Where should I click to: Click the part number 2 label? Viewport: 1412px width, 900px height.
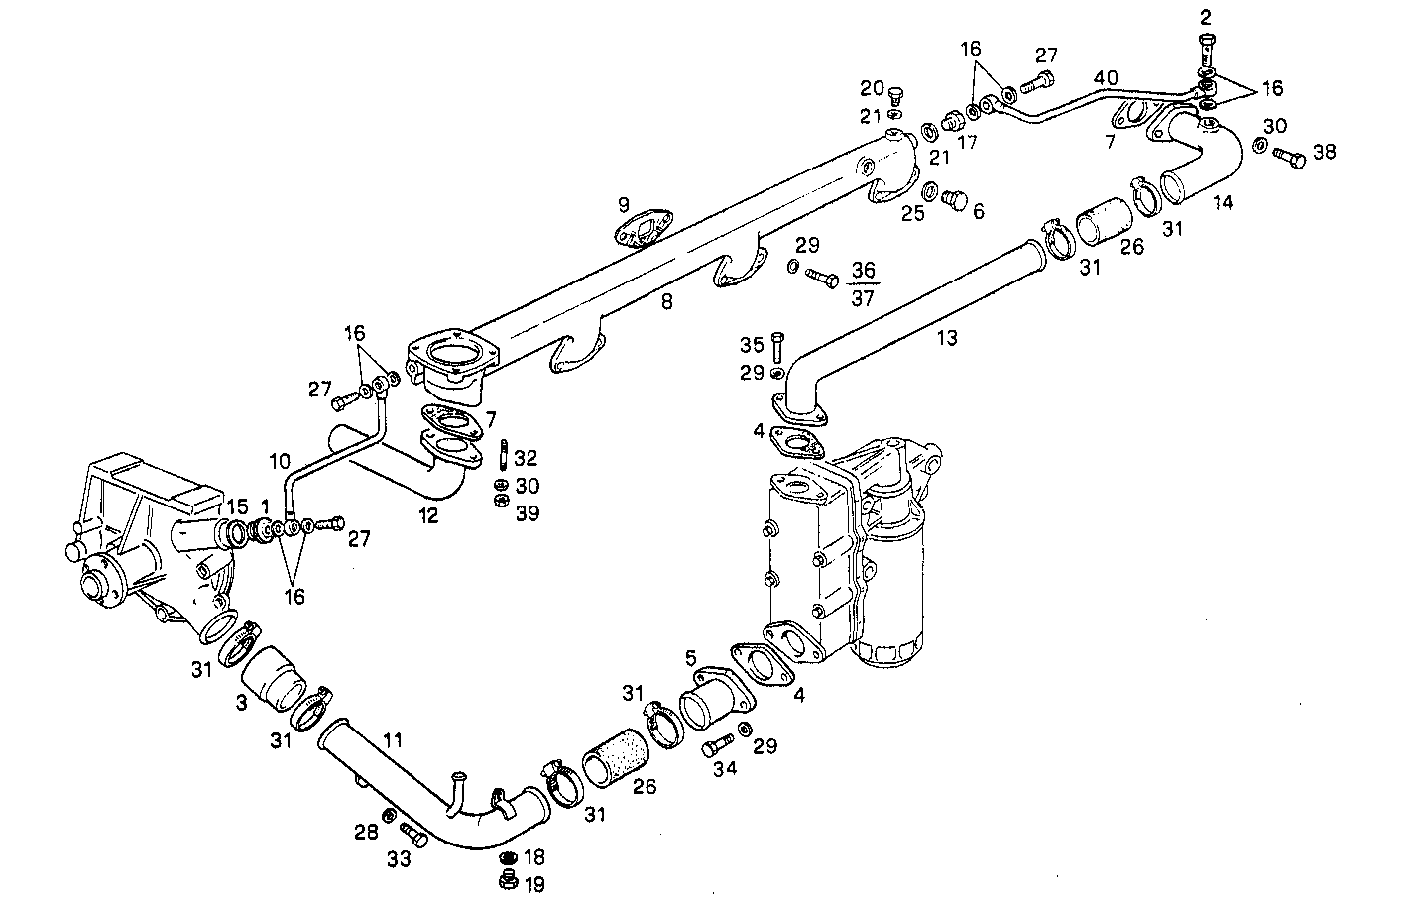[x=1205, y=17]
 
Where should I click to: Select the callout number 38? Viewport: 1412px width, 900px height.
[x=1324, y=152]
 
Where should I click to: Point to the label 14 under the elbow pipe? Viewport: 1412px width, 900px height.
[x=1224, y=202]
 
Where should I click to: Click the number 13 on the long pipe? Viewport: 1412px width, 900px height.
[x=947, y=338]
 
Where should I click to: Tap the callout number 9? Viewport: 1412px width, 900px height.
[x=623, y=205]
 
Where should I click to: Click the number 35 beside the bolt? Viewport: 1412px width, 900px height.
[x=751, y=345]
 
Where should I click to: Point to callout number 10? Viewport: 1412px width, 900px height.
[x=280, y=461]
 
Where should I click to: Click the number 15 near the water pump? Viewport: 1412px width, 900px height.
[x=236, y=506]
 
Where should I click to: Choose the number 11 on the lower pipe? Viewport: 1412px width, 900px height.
[x=393, y=739]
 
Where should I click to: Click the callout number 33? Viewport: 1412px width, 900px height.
[x=398, y=860]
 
